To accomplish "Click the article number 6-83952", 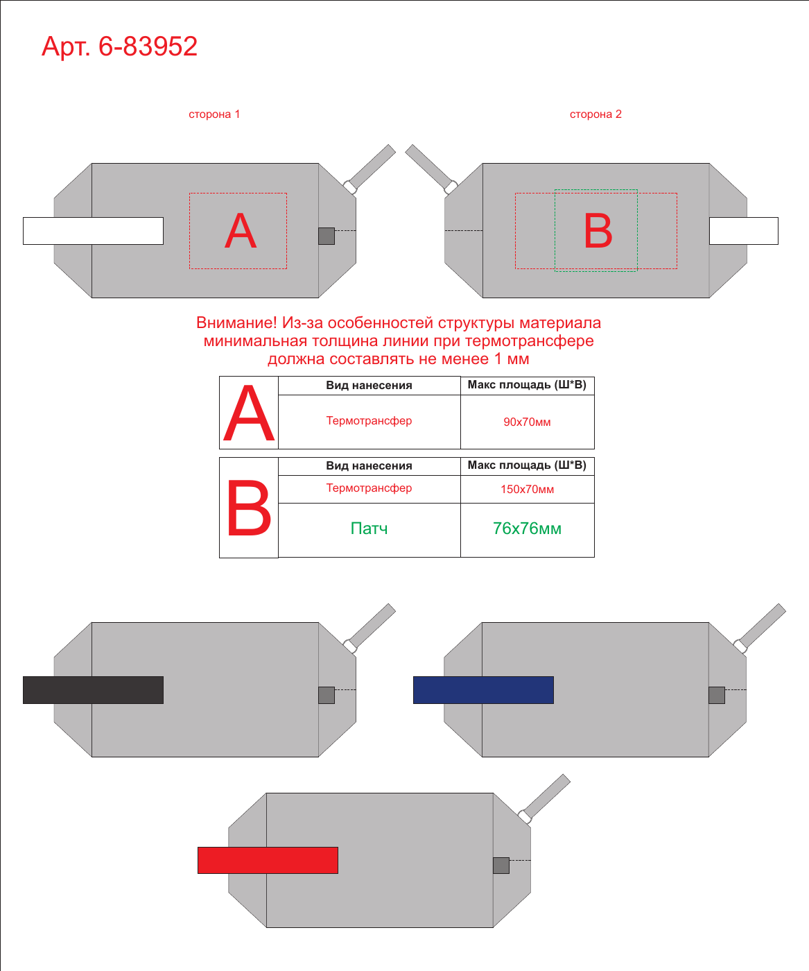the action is pyautogui.click(x=148, y=46).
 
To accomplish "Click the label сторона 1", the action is pyautogui.click(x=214, y=114).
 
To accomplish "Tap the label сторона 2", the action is pyautogui.click(x=595, y=114).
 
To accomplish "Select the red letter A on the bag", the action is pyautogui.click(x=241, y=230).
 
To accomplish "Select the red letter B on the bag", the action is pyautogui.click(x=598, y=230).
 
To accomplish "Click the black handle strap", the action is pyautogui.click(x=93, y=689).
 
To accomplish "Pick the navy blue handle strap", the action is pyautogui.click(x=483, y=689).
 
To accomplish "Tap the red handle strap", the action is pyautogui.click(x=268, y=860).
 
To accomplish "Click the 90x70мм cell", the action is pyautogui.click(x=527, y=422).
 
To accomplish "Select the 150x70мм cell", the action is pyautogui.click(x=527, y=489).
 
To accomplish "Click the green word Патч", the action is pyautogui.click(x=369, y=529).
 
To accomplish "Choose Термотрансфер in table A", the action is pyautogui.click(x=369, y=421).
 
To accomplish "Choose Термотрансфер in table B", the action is pyautogui.click(x=369, y=488).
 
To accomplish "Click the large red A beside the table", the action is pyautogui.click(x=249, y=413).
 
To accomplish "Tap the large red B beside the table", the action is pyautogui.click(x=249, y=508).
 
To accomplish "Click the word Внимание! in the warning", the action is pyautogui.click(x=236, y=323).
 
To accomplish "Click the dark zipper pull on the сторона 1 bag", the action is pyautogui.click(x=327, y=236).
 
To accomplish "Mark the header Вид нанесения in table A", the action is pyautogui.click(x=369, y=385).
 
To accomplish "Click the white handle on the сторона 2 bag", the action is pyautogui.click(x=743, y=231).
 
